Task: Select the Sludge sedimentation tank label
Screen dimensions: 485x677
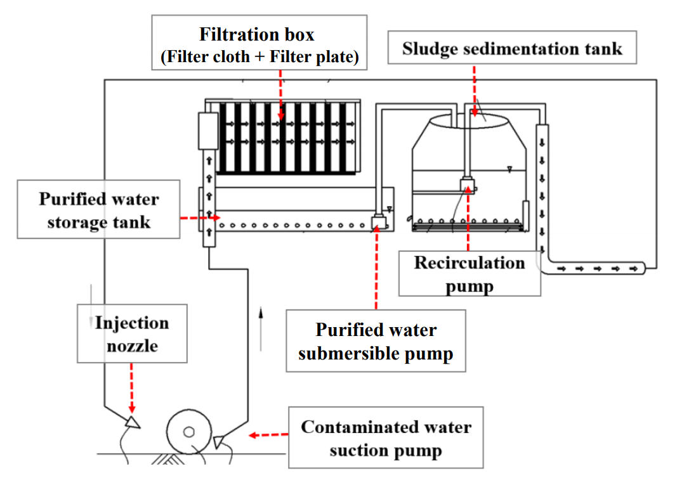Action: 511,48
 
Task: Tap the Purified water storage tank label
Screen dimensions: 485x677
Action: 98,210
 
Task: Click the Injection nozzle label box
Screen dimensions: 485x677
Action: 132,333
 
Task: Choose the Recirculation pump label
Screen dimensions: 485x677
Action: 469,273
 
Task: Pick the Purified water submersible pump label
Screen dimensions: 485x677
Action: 376,341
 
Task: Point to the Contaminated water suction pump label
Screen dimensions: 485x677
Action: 386,437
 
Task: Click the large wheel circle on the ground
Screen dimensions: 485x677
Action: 188,432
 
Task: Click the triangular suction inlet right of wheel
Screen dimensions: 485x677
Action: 220,439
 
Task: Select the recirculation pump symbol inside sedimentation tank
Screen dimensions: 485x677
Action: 468,186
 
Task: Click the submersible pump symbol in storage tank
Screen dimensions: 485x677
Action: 378,223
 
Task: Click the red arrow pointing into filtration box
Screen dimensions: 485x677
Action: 280,95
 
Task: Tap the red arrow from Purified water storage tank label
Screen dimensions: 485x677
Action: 199,217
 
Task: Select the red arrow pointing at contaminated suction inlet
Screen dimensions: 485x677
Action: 266,436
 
